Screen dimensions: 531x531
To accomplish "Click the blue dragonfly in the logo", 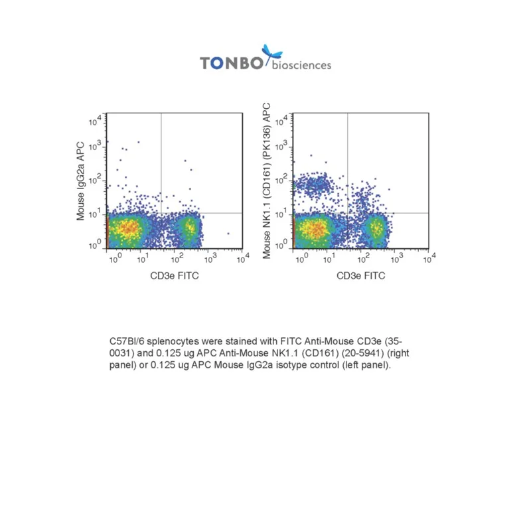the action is pyautogui.click(x=272, y=53).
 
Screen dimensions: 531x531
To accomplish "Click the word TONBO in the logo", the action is pyautogui.click(x=231, y=63).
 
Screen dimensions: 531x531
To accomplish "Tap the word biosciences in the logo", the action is pyautogui.click(x=301, y=65).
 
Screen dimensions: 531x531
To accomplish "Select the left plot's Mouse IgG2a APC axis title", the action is pyautogui.click(x=80, y=181).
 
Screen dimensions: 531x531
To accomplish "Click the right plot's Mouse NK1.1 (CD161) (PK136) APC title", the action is pyautogui.click(x=267, y=181).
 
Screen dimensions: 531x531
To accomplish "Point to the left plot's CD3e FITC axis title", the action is pyautogui.click(x=175, y=275).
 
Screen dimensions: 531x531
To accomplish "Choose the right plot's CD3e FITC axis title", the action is pyautogui.click(x=360, y=275).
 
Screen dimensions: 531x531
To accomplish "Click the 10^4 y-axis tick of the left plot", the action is pyautogui.click(x=95, y=120).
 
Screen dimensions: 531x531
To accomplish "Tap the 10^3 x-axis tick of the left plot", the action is pyautogui.click(x=210, y=258).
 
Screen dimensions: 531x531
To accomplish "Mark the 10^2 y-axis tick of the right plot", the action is pyautogui.click(x=281, y=179).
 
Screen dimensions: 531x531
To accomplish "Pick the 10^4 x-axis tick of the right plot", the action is pyautogui.click(x=429, y=258).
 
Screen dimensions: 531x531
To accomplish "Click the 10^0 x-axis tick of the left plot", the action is pyautogui.click(x=115, y=258).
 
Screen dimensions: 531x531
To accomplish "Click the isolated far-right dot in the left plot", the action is pyautogui.click(x=228, y=234).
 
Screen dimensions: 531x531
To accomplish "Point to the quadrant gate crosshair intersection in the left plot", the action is pyautogui.click(x=161, y=213).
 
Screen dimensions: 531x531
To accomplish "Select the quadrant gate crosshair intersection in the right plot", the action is pyautogui.click(x=347, y=213).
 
